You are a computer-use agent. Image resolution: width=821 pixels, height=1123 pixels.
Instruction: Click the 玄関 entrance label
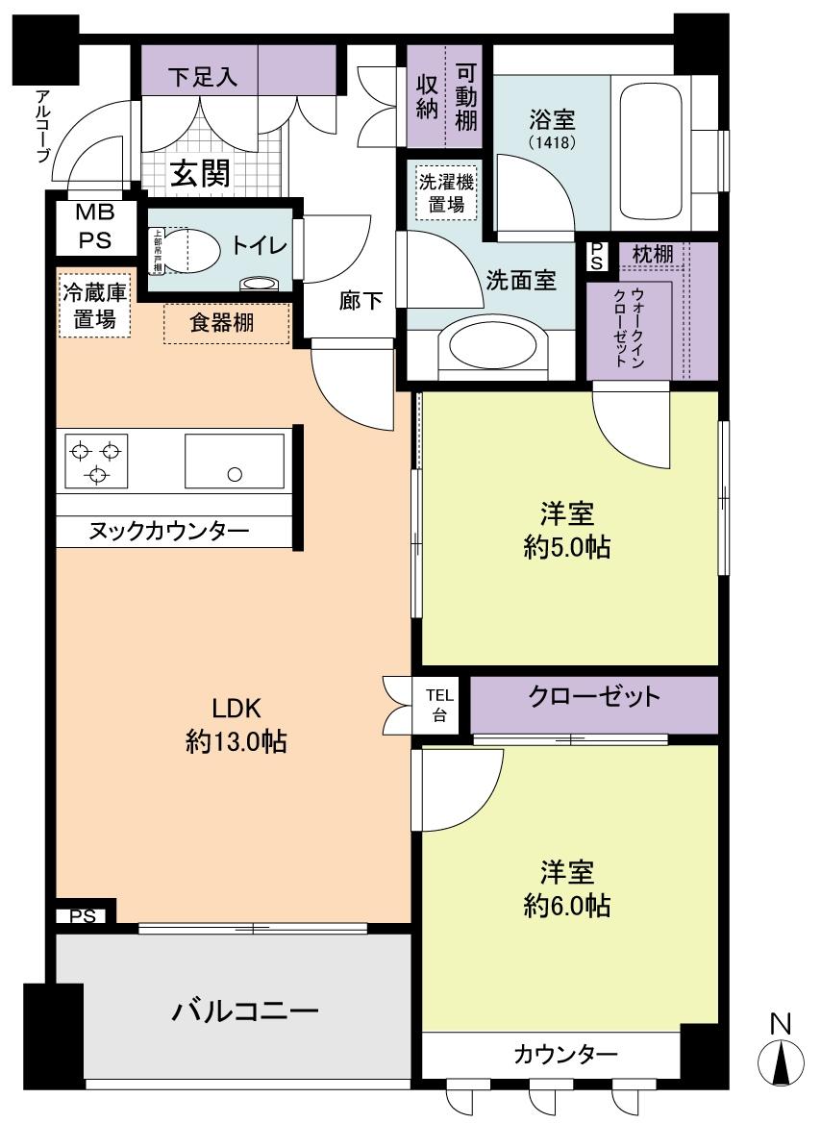200,173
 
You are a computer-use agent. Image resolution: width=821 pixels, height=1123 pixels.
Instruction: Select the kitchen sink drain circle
234,472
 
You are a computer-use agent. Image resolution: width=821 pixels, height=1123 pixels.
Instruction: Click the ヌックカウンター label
169,531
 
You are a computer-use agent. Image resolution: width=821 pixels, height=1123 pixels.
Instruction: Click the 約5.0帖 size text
567,547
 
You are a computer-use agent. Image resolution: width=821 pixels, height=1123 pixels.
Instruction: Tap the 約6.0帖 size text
567,905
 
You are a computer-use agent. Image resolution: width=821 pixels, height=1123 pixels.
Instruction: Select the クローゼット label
594,697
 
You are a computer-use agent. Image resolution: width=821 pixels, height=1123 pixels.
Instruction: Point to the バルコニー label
245,1011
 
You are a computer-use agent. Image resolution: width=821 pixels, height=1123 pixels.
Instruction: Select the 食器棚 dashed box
227,324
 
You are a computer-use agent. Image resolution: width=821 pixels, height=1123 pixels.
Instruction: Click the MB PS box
94,227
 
